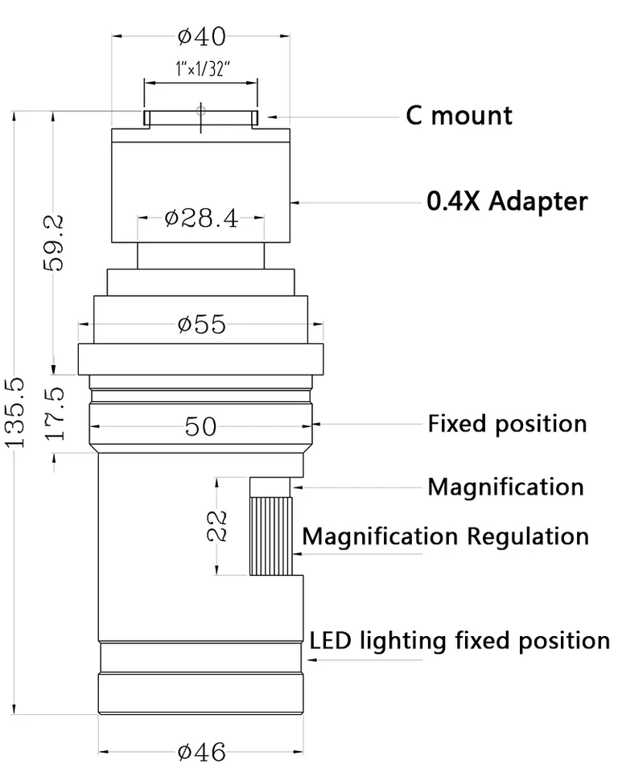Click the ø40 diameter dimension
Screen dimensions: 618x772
[201, 36]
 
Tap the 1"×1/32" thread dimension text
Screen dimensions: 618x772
[203, 68]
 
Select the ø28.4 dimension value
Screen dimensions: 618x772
[201, 218]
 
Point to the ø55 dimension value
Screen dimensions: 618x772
[201, 324]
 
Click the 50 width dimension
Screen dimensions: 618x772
[200, 426]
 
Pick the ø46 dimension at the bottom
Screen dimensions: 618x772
[201, 752]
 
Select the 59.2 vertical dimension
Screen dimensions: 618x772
[53, 243]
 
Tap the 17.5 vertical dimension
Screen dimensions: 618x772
[54, 413]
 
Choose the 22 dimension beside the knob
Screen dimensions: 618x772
[216, 526]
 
